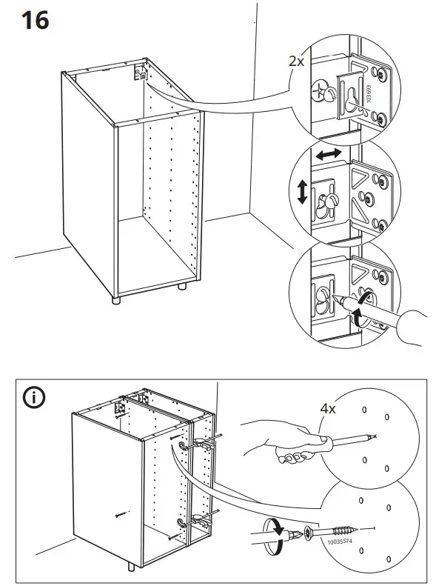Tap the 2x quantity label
tap(296, 61)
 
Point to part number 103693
tap(368, 94)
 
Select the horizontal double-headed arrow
tap(326, 153)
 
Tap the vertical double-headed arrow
tap(302, 192)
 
